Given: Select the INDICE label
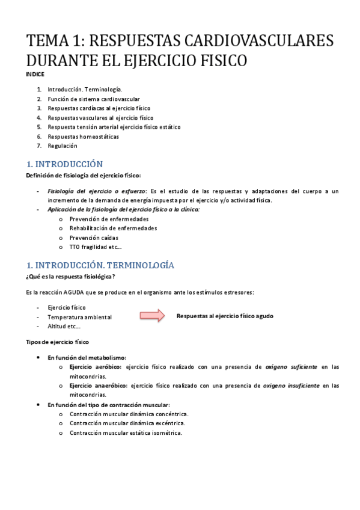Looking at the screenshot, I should (35, 74).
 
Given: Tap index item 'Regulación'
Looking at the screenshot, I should (63, 146).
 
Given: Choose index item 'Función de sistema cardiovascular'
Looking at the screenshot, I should (94, 99).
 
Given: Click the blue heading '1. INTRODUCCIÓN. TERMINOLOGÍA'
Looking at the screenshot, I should (100, 265).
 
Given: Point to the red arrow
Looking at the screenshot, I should (152, 316).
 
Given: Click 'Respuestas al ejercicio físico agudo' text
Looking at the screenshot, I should (225, 316).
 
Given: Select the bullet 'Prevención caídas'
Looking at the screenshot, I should (95, 238).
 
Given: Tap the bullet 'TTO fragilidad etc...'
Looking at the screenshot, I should (96, 247).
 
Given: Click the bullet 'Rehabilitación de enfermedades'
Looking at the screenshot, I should (113, 229).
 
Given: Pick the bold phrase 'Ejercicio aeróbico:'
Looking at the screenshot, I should (95, 366).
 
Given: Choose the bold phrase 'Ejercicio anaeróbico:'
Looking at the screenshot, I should (98, 386).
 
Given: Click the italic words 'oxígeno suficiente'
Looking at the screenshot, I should (291, 366).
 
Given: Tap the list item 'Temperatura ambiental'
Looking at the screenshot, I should (79, 317).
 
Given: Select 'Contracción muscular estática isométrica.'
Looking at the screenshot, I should (126, 432).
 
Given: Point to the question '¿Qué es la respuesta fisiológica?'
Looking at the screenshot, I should (70, 277).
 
